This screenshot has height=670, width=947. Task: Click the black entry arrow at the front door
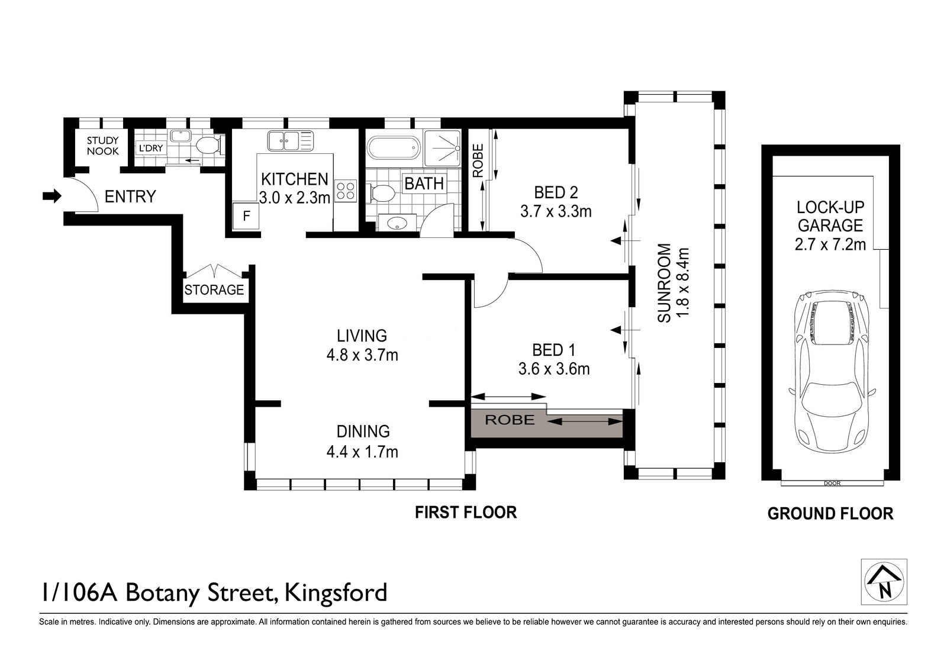[x=52, y=196]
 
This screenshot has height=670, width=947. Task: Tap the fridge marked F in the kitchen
[x=246, y=216]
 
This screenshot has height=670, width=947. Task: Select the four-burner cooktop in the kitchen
[x=346, y=191]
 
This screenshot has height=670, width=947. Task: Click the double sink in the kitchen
[x=291, y=141]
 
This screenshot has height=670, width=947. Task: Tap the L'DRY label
[x=151, y=149]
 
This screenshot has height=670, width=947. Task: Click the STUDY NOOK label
[x=103, y=146]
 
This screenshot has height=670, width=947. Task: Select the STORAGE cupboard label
[x=214, y=290]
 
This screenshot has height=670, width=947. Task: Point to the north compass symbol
[x=884, y=582]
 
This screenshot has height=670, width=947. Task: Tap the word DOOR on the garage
[x=832, y=483]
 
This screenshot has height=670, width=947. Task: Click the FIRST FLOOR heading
[x=466, y=513]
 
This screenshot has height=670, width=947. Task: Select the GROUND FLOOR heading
[x=830, y=514]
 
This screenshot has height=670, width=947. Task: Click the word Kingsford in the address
[x=336, y=592]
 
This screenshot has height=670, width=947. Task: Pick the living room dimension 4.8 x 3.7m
[x=362, y=355]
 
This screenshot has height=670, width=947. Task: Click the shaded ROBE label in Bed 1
[x=510, y=420]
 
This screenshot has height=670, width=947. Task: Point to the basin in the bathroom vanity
[x=397, y=223]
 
